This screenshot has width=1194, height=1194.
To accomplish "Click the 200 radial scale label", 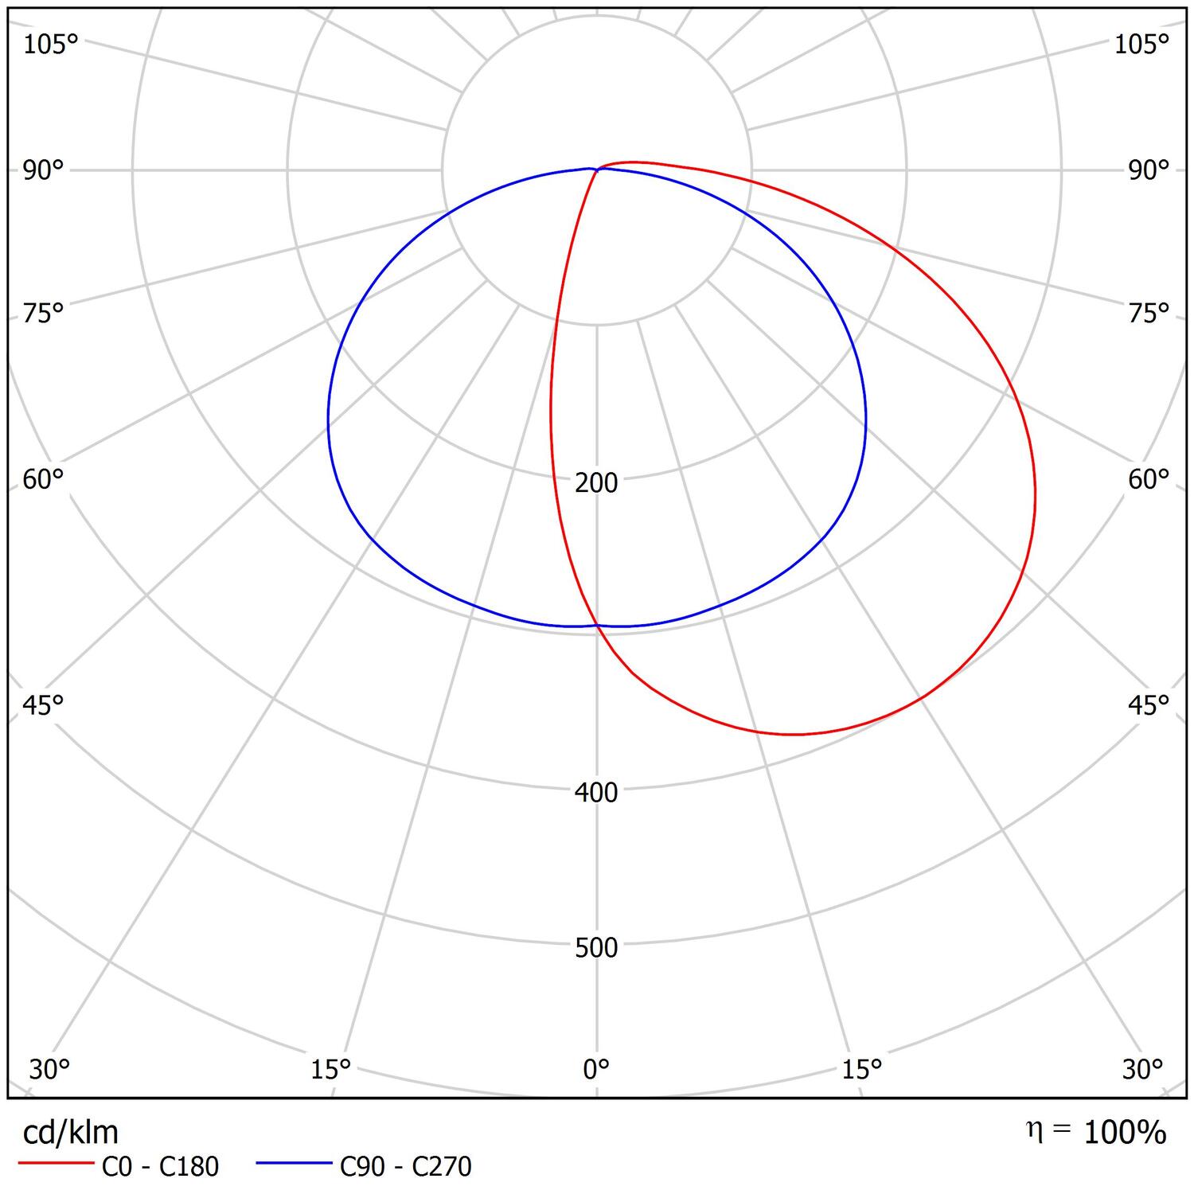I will click(596, 482).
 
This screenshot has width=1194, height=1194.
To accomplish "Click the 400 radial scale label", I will click(596, 792).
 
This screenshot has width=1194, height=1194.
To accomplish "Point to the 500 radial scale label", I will click(596, 947).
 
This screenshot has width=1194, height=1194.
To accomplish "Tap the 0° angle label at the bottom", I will click(596, 1068).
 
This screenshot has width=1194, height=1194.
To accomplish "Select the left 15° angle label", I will click(331, 1068).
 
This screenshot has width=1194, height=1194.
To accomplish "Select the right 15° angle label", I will click(862, 1068).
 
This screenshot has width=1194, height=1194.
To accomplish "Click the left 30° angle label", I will click(49, 1068).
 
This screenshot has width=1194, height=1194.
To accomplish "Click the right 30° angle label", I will click(1143, 1068).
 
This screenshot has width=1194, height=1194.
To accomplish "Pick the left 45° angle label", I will click(42, 705).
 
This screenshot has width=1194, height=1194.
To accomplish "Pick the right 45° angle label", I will click(1149, 705).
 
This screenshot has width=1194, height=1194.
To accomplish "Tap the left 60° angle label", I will click(42, 479).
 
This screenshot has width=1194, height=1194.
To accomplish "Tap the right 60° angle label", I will click(1149, 479).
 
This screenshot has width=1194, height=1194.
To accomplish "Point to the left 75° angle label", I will click(42, 314).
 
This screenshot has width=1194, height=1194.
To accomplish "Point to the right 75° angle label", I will click(1149, 314).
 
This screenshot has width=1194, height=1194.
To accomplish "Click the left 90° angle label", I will click(42, 170).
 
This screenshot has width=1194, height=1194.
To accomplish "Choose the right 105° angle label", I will click(1141, 45).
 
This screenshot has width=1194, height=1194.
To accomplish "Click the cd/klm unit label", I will click(71, 1131).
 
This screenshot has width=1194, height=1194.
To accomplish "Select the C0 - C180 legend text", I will click(160, 1166).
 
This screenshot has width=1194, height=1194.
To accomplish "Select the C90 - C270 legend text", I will click(405, 1166).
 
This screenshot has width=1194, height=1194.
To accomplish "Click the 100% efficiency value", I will click(1125, 1132).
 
